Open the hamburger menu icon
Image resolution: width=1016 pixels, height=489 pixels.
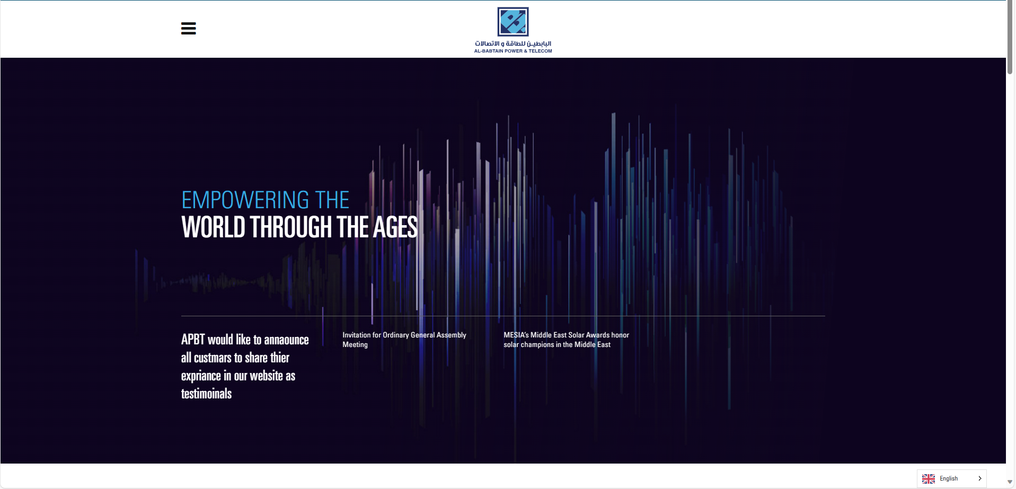tap(188, 28)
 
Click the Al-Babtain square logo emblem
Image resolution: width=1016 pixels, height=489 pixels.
tap(513, 22)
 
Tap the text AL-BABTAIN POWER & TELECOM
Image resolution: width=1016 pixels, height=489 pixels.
tap(513, 51)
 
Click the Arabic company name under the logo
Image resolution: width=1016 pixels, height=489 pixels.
tap(513, 43)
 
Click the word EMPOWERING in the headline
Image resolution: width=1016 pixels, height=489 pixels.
tap(245, 200)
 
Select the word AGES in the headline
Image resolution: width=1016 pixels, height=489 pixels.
tap(395, 227)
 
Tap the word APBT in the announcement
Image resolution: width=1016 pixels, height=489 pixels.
tap(193, 340)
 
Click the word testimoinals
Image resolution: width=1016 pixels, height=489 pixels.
tap(206, 394)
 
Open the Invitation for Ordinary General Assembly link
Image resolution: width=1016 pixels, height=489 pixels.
tap(404, 340)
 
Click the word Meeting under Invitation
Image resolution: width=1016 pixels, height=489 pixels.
tap(355, 344)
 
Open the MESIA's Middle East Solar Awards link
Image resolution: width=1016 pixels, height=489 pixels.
tap(566, 340)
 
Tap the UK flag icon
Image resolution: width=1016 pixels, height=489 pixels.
tap(929, 478)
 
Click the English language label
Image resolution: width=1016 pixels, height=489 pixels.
tap(949, 478)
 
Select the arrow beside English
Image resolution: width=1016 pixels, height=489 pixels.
tap(979, 478)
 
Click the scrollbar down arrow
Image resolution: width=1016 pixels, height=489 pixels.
tap(1010, 482)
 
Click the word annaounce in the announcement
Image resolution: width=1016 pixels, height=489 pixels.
tap(286, 340)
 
